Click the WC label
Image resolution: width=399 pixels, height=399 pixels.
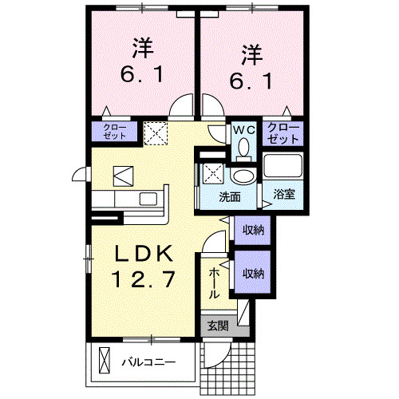(x=243, y=128)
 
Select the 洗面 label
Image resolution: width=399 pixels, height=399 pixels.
(x=231, y=194)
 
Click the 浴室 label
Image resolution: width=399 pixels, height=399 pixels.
(x=283, y=194)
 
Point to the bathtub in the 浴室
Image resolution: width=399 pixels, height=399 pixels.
(x=283, y=168)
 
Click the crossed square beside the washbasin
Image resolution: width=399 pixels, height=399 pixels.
(x=212, y=170)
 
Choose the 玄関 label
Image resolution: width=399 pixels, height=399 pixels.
(x=218, y=326)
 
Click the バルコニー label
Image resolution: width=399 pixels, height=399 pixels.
(x=148, y=362)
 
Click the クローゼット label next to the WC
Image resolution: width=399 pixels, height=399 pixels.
(x=283, y=132)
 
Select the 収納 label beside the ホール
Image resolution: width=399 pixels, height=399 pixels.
(x=253, y=274)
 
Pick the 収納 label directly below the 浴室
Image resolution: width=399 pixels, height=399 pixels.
(x=253, y=229)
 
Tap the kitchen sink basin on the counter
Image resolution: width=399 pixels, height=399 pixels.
(x=148, y=199)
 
